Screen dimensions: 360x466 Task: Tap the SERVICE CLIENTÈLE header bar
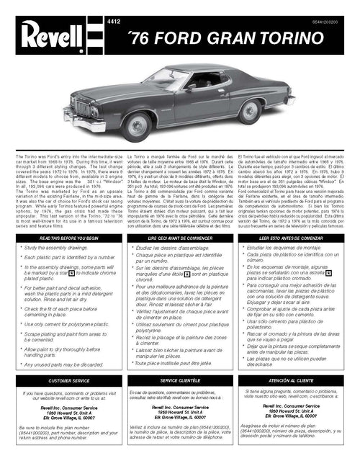coord(179,379)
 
